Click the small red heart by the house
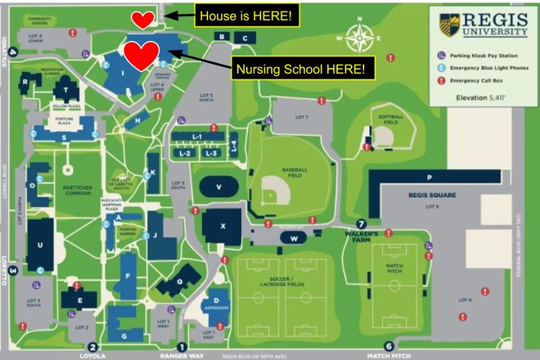(x=143, y=19)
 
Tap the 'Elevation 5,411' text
(x=481, y=97)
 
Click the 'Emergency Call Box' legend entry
(x=479, y=81)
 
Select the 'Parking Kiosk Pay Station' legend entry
(x=484, y=55)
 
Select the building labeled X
(x=223, y=223)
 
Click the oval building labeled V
(x=218, y=187)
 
